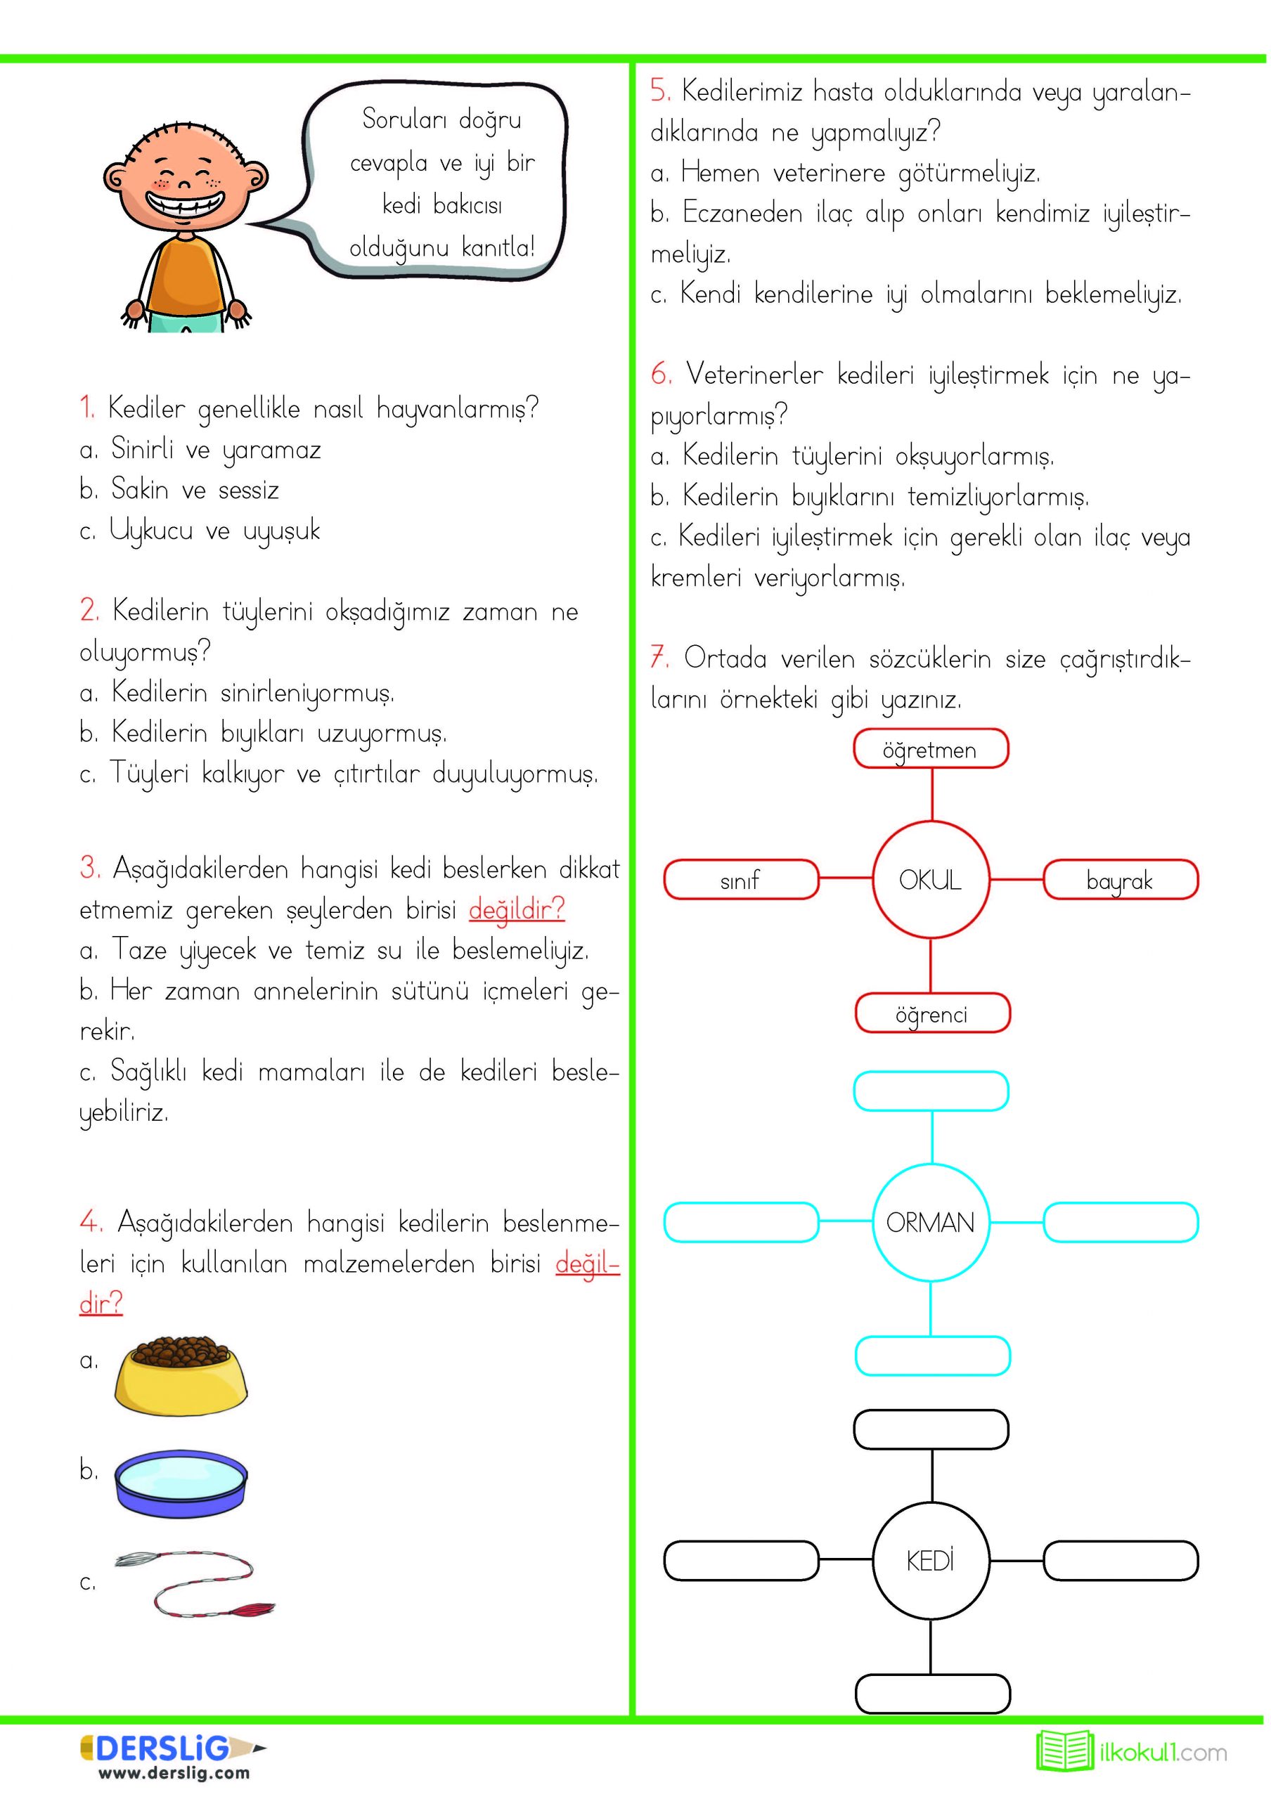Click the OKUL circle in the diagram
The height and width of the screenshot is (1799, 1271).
(x=930, y=879)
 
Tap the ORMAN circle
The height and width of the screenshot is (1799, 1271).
(x=930, y=1221)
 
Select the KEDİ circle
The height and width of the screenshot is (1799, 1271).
(x=930, y=1560)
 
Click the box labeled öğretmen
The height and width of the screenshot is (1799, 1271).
(x=930, y=748)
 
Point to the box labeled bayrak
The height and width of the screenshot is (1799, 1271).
(x=1120, y=879)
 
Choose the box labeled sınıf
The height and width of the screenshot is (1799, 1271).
(x=740, y=879)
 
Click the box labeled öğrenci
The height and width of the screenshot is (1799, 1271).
(x=931, y=1013)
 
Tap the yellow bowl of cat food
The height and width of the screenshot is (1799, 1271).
(x=181, y=1376)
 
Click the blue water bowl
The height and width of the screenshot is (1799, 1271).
(x=181, y=1485)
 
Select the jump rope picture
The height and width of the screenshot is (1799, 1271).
(x=196, y=1583)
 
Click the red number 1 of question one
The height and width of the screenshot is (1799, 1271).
(x=86, y=408)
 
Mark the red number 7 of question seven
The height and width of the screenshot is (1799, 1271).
(x=659, y=656)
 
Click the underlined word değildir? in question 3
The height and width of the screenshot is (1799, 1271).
(x=517, y=909)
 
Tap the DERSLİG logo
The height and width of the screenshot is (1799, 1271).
(x=164, y=1747)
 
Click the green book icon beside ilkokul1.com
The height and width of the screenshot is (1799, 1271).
(x=1064, y=1751)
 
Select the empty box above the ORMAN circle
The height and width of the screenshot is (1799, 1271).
(x=930, y=1091)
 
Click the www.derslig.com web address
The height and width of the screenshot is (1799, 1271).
(x=174, y=1772)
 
